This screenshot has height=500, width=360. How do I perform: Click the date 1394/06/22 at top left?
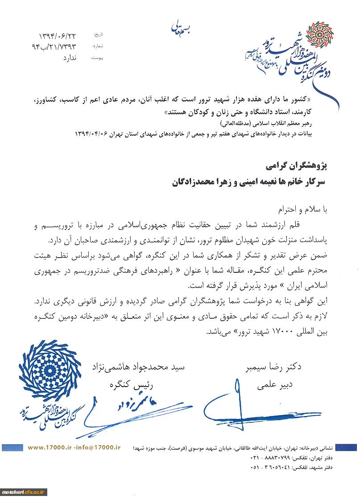point(58,35)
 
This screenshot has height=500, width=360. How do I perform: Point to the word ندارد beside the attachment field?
point(67,58)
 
